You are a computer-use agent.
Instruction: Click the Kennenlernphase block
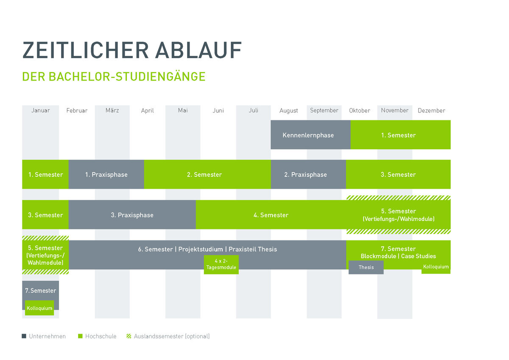(310, 135)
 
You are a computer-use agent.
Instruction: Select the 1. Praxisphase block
(106, 174)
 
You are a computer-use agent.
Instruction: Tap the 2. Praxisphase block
(308, 174)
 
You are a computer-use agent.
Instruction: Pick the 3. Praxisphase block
(132, 215)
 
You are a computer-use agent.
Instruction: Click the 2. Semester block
(207, 174)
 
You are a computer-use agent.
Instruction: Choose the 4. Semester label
(271, 215)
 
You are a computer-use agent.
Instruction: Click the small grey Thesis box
(366, 267)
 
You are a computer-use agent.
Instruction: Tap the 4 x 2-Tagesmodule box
(221, 265)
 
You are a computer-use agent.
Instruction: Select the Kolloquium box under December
(436, 267)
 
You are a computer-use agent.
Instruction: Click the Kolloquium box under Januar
(39, 308)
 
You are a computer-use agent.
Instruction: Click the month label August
(288, 111)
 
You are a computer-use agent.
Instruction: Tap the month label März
(112, 110)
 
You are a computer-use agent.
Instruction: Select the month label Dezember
(431, 110)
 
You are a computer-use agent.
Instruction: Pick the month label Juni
(218, 110)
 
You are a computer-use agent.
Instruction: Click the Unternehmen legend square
(24, 336)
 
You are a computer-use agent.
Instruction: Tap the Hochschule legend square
(80, 336)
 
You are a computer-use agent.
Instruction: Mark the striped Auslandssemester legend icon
(129, 336)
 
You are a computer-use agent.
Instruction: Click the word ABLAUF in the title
(199, 50)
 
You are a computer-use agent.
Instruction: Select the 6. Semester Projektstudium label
(207, 249)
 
